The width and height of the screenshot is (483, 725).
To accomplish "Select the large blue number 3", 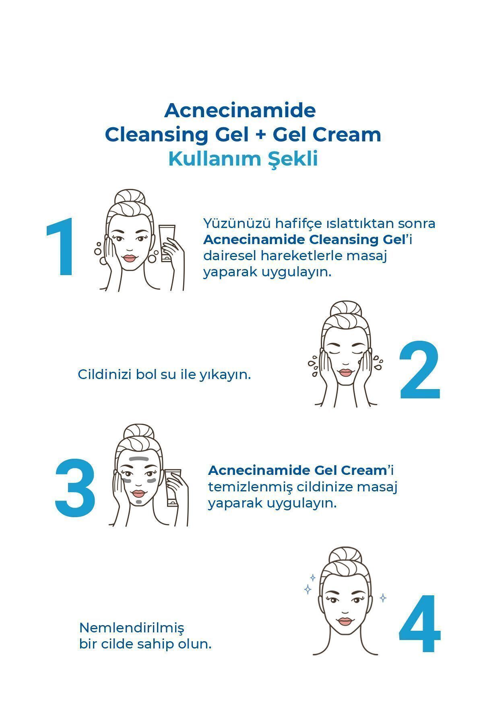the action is click(75, 487).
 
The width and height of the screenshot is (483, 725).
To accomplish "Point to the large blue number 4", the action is click(420, 624).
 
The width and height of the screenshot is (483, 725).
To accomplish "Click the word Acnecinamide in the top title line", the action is click(240, 110).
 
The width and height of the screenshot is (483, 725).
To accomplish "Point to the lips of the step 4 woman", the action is click(345, 621).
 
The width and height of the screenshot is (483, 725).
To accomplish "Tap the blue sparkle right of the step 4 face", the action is click(383, 598).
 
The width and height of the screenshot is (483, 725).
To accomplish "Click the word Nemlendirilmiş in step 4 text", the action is click(132, 628).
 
